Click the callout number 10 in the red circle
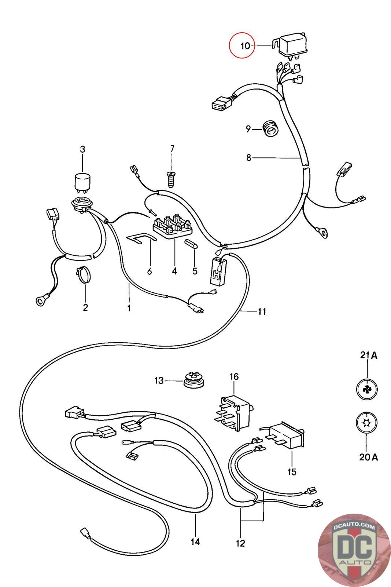point(245,46)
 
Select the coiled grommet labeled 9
point(270,129)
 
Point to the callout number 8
point(248,157)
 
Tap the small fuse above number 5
point(191,244)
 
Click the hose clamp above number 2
point(84,275)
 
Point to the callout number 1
point(129,308)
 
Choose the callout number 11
point(262,311)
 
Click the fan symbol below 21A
point(367,389)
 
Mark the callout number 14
point(196,542)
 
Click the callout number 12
point(240,543)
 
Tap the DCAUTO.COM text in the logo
point(354,527)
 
